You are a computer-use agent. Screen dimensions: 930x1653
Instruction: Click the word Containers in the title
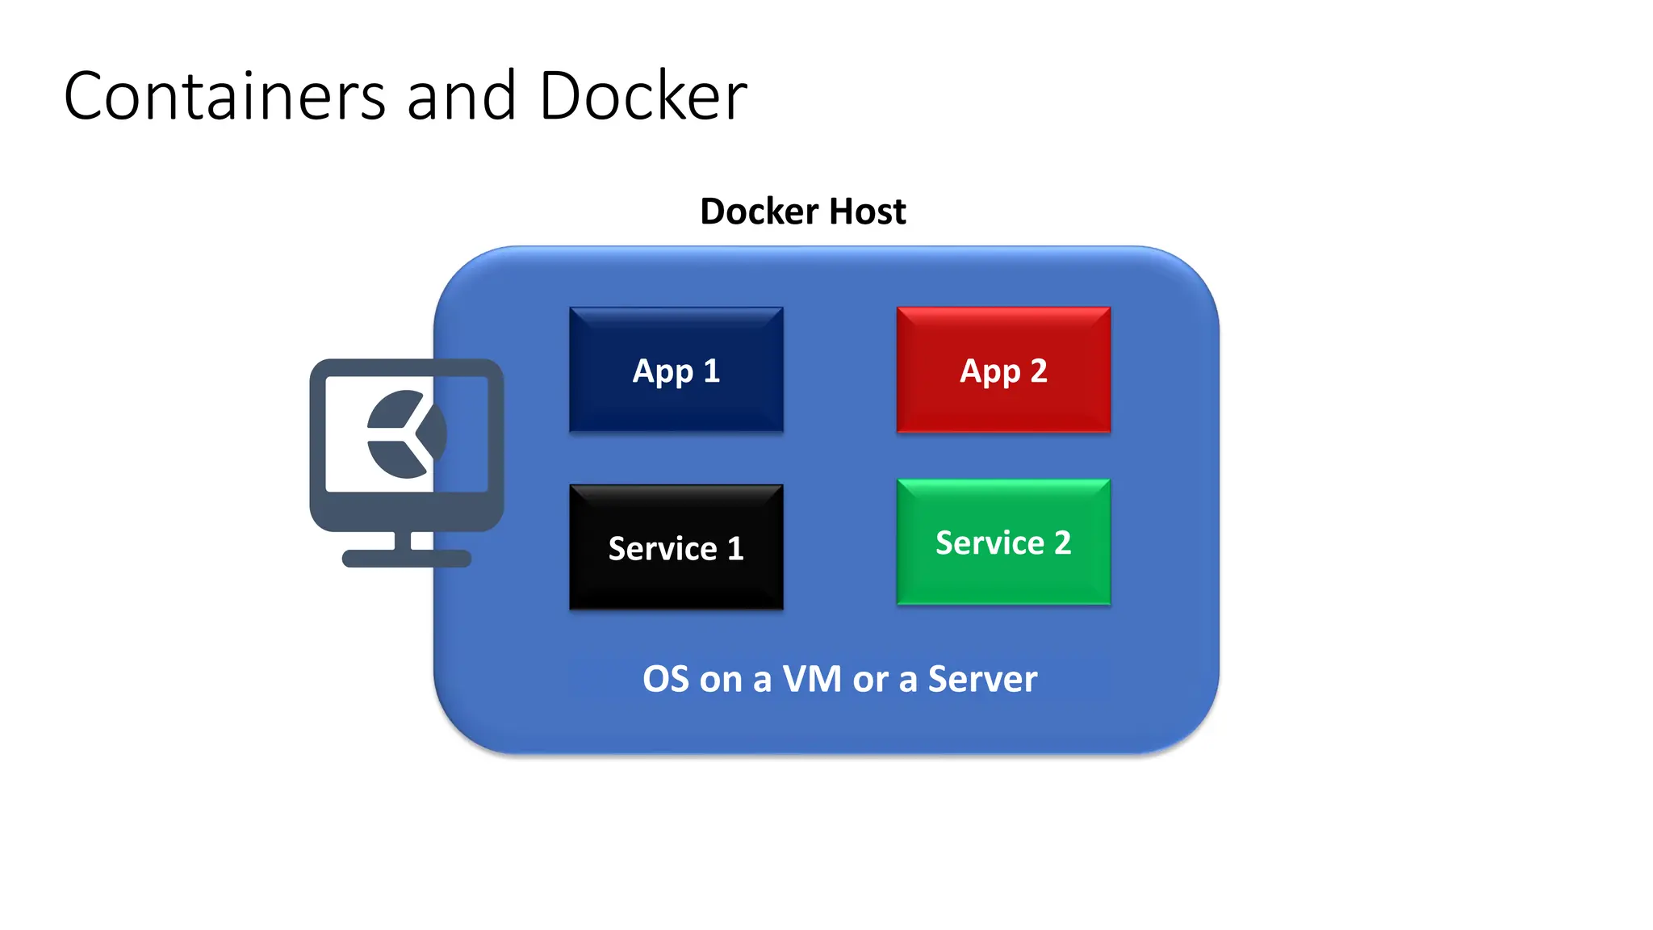click(224, 96)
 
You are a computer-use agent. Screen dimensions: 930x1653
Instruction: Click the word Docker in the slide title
click(642, 96)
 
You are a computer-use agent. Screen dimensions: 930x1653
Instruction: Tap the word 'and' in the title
click(461, 96)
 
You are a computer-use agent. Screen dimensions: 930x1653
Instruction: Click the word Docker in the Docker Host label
click(759, 212)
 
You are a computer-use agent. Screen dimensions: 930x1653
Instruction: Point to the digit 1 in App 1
click(711, 371)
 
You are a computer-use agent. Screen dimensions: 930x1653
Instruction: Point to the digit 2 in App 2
click(1039, 371)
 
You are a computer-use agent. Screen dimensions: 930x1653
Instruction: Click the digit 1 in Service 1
click(734, 549)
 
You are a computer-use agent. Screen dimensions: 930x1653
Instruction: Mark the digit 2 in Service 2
click(1062, 543)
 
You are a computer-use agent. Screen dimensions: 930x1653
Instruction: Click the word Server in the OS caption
click(982, 679)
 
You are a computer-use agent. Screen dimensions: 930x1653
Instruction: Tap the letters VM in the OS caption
click(812, 679)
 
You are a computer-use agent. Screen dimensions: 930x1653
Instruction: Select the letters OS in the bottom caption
click(666, 679)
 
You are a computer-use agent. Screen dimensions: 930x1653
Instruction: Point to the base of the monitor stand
click(406, 558)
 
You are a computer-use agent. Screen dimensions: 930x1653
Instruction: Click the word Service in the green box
click(990, 543)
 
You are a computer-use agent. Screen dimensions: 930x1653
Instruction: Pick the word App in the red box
click(990, 372)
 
